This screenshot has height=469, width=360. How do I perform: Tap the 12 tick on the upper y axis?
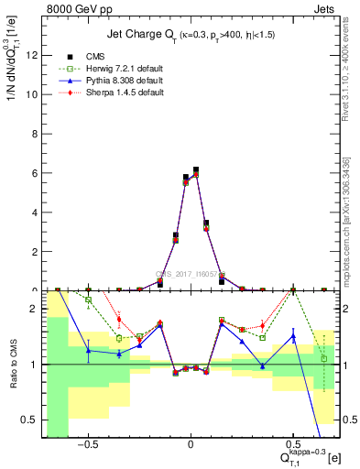(x=32, y=55)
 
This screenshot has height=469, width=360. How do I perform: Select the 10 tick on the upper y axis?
(x=32, y=94)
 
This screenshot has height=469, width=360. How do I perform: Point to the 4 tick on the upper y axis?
(x=35, y=213)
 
